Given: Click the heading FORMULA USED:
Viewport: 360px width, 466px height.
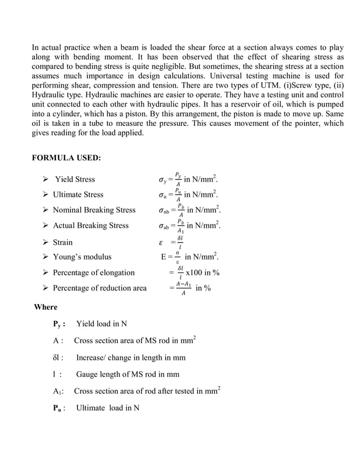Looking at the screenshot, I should coord(66,157).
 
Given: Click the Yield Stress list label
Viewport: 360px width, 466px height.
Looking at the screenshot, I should coord(74,179).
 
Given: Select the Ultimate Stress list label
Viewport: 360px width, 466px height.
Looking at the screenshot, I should coord(78,195).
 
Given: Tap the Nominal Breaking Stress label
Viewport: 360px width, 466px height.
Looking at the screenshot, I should coord(94,210).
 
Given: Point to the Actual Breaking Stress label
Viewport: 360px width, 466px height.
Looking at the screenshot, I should coord(90,226).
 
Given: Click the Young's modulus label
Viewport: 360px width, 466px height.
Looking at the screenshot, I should coord(82,257).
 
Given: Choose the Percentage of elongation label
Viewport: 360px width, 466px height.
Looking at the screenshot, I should coord(94,272).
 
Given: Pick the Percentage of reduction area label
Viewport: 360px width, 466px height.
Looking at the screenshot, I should coord(99,288).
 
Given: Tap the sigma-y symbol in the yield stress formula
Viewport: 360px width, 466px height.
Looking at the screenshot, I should coord(162,181).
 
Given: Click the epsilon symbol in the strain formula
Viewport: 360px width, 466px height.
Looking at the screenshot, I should coord(161,243).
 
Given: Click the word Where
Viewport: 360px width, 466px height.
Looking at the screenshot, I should coord(46,307).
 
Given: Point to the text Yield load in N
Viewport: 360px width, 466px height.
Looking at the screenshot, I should coord(102,324).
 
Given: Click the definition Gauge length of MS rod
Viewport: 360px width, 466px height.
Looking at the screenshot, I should coord(128,374).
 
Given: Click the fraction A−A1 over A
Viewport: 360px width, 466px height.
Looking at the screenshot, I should coord(182,288).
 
